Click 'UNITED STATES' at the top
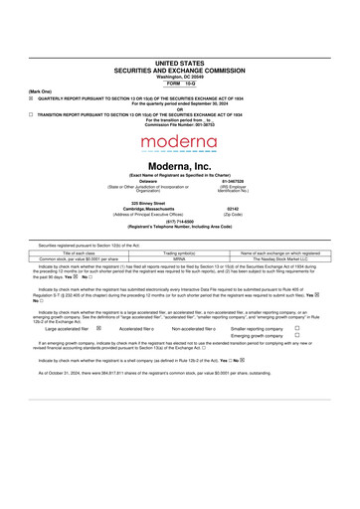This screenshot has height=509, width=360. click(180, 62)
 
